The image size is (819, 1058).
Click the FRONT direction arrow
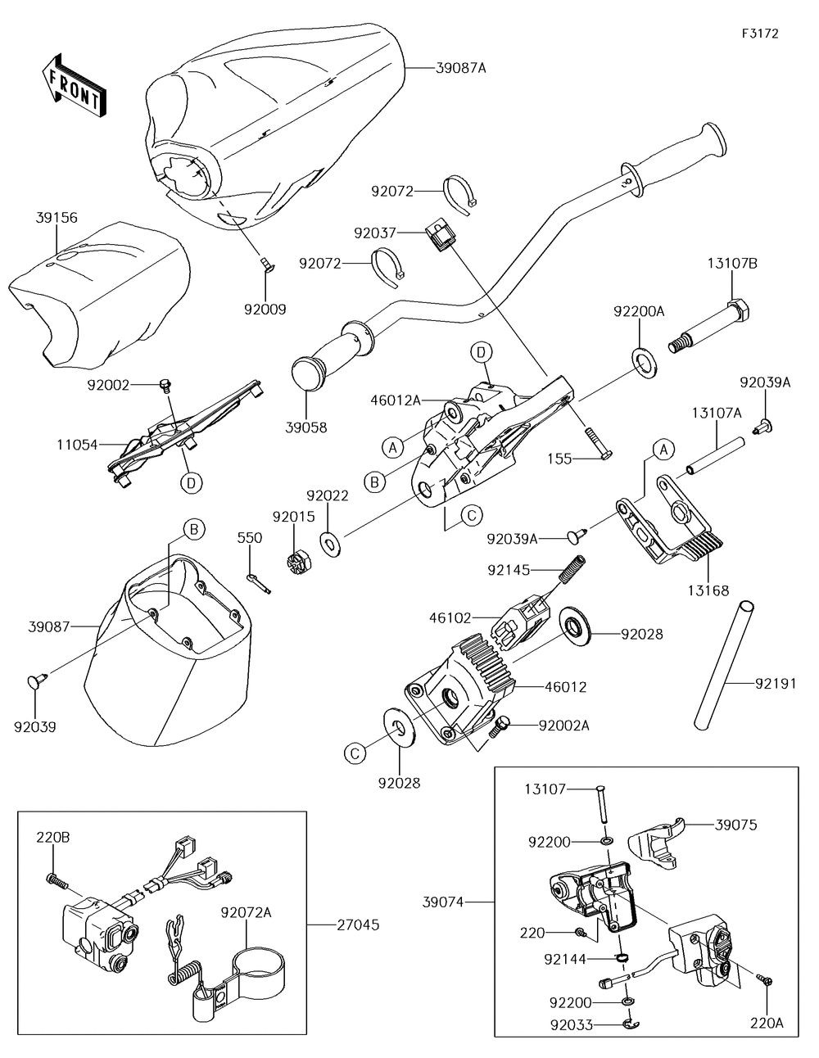(x=71, y=84)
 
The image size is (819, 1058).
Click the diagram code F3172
(x=760, y=34)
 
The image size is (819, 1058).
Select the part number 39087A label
(x=459, y=68)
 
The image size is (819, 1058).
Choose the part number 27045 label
(x=358, y=925)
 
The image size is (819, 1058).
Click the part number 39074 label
(x=443, y=902)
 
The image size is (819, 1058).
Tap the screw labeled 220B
(x=56, y=880)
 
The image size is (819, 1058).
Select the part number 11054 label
(x=78, y=445)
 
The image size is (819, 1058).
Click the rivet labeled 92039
(x=38, y=679)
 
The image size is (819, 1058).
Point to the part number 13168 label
(x=708, y=590)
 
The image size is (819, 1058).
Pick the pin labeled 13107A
(x=716, y=457)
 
